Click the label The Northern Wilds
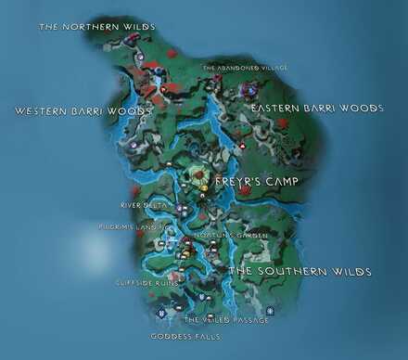click(x=96, y=27)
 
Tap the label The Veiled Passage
click(x=226, y=320)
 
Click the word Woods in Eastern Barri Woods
click(x=361, y=109)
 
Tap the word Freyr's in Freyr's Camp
click(x=238, y=182)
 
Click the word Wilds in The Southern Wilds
click(x=352, y=272)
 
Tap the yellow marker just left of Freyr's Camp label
click(x=204, y=188)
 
